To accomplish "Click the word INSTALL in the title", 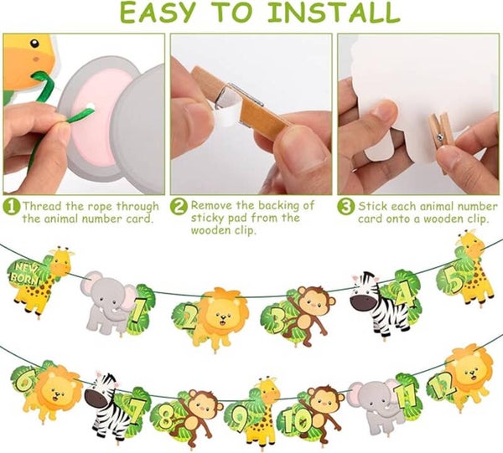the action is click(x=334, y=12).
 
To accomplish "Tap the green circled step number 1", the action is click(x=11, y=207).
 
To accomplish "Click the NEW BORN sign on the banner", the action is click(x=23, y=272).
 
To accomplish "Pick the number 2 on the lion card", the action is click(x=188, y=317).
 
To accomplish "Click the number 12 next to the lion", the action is click(x=443, y=384).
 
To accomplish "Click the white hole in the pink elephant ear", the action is click(x=91, y=106).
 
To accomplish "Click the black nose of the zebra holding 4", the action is click(x=362, y=301).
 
